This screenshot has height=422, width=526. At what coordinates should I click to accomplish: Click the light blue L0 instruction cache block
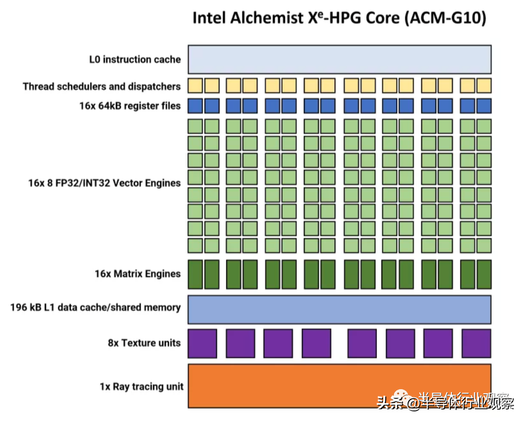point(340,59)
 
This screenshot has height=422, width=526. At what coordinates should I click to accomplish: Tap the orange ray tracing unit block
point(340,385)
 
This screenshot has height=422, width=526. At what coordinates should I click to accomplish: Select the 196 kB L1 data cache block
point(340,309)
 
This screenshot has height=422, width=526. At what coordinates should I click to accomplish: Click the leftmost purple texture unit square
point(202,343)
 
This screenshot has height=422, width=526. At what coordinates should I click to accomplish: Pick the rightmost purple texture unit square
point(476,343)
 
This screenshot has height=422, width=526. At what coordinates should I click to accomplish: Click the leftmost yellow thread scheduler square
point(195,85)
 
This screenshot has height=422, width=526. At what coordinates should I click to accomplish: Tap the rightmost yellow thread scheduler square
point(484,85)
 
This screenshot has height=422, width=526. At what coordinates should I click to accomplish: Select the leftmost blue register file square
point(195,105)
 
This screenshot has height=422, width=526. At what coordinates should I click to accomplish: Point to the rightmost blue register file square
point(484,105)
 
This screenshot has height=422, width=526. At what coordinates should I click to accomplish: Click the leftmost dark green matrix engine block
point(195,274)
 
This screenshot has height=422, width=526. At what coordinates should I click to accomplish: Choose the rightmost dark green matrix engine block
point(484,274)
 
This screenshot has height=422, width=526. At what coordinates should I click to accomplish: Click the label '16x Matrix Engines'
point(138,274)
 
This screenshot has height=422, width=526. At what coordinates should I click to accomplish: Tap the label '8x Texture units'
point(144,343)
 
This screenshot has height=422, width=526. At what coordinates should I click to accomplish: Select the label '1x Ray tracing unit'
point(142,387)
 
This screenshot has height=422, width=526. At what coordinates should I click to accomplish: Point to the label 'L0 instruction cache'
point(135,60)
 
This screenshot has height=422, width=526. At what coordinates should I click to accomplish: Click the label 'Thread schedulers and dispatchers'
point(101,86)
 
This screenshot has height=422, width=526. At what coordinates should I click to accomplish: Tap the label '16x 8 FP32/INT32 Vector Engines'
point(104,183)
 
